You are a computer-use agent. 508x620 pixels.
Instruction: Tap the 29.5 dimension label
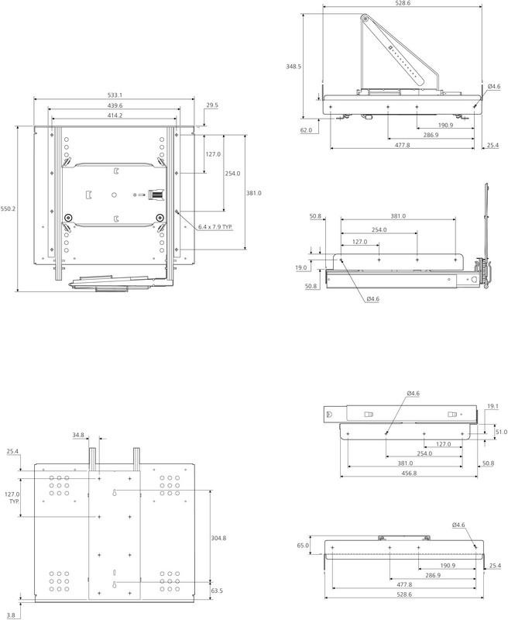coord(212,105)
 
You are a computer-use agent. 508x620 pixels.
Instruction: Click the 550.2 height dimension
coord(8,209)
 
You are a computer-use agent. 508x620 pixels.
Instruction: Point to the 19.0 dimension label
coord(301,267)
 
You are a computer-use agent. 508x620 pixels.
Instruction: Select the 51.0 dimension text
coord(500,432)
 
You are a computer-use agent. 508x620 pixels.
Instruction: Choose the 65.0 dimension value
coord(302,546)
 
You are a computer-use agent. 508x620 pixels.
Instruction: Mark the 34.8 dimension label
coord(100,436)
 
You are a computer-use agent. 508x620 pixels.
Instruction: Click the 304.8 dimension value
coord(218,538)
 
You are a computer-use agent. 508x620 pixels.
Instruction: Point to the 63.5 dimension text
coord(217,591)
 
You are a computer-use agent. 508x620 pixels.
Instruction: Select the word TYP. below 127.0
coord(13,502)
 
